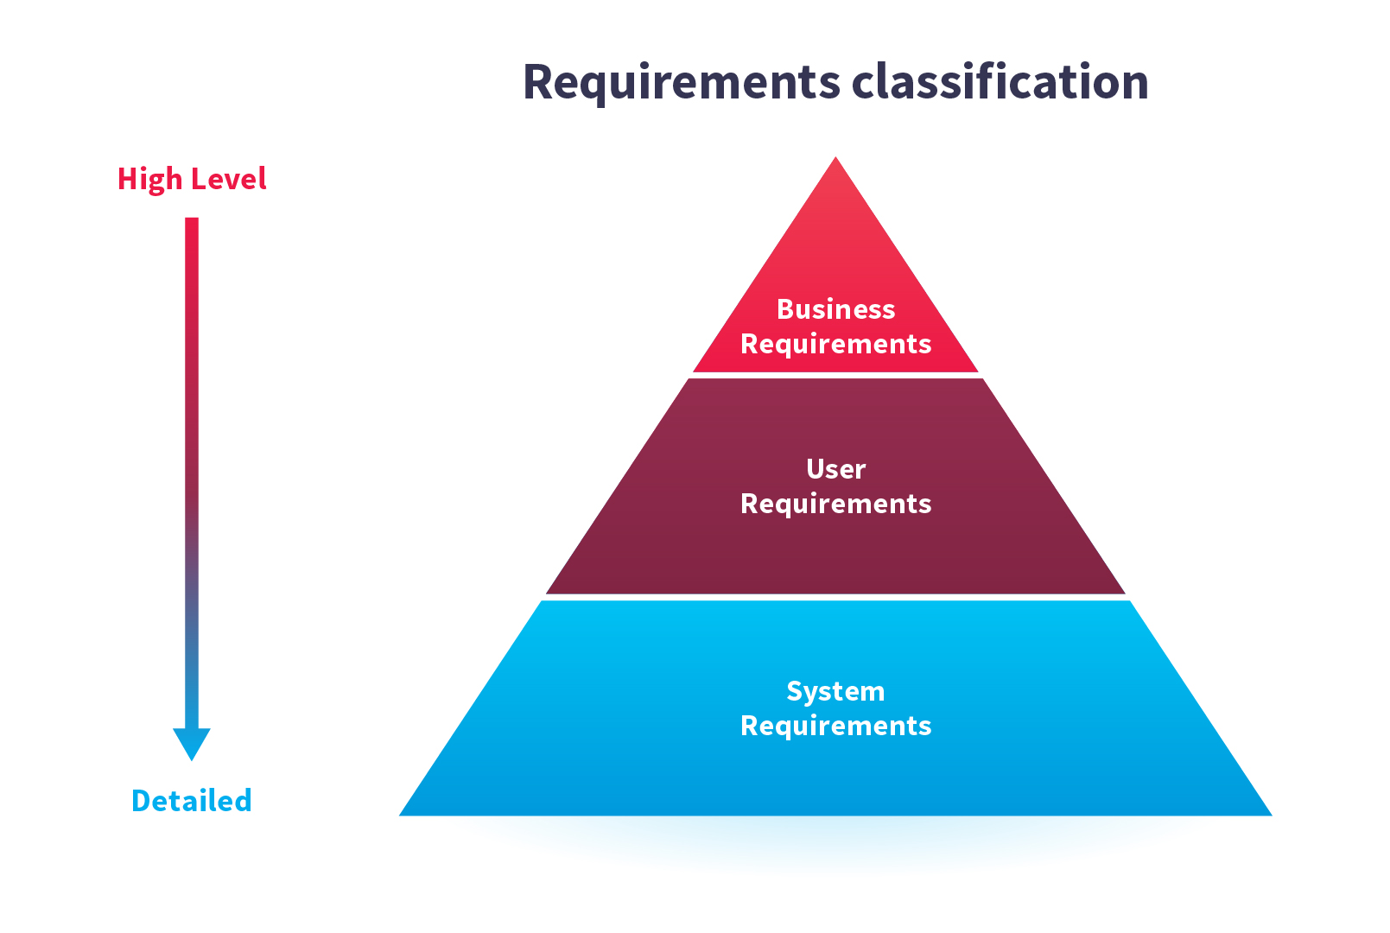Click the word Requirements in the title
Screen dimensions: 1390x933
click(x=682, y=83)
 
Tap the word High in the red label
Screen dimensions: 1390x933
click(x=149, y=180)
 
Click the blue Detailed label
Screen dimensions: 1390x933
click(x=192, y=800)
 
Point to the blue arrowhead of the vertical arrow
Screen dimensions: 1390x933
click(x=192, y=744)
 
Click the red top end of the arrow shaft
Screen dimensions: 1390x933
click(x=192, y=219)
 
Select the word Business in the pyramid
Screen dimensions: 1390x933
click(x=836, y=309)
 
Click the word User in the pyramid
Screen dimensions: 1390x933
click(x=836, y=469)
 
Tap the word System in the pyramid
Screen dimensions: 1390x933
click(x=836, y=692)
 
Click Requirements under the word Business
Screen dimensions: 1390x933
click(x=836, y=345)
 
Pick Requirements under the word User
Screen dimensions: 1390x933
click(x=836, y=505)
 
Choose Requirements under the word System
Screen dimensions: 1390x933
click(x=836, y=727)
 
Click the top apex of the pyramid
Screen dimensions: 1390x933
click(x=835, y=157)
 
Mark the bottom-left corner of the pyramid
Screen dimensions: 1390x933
click(x=400, y=816)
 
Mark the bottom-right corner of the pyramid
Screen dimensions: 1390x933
click(x=1272, y=816)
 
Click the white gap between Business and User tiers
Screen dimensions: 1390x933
click(x=835, y=375)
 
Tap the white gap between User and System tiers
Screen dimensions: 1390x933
click(x=835, y=598)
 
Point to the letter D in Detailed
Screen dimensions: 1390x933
click(x=142, y=800)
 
